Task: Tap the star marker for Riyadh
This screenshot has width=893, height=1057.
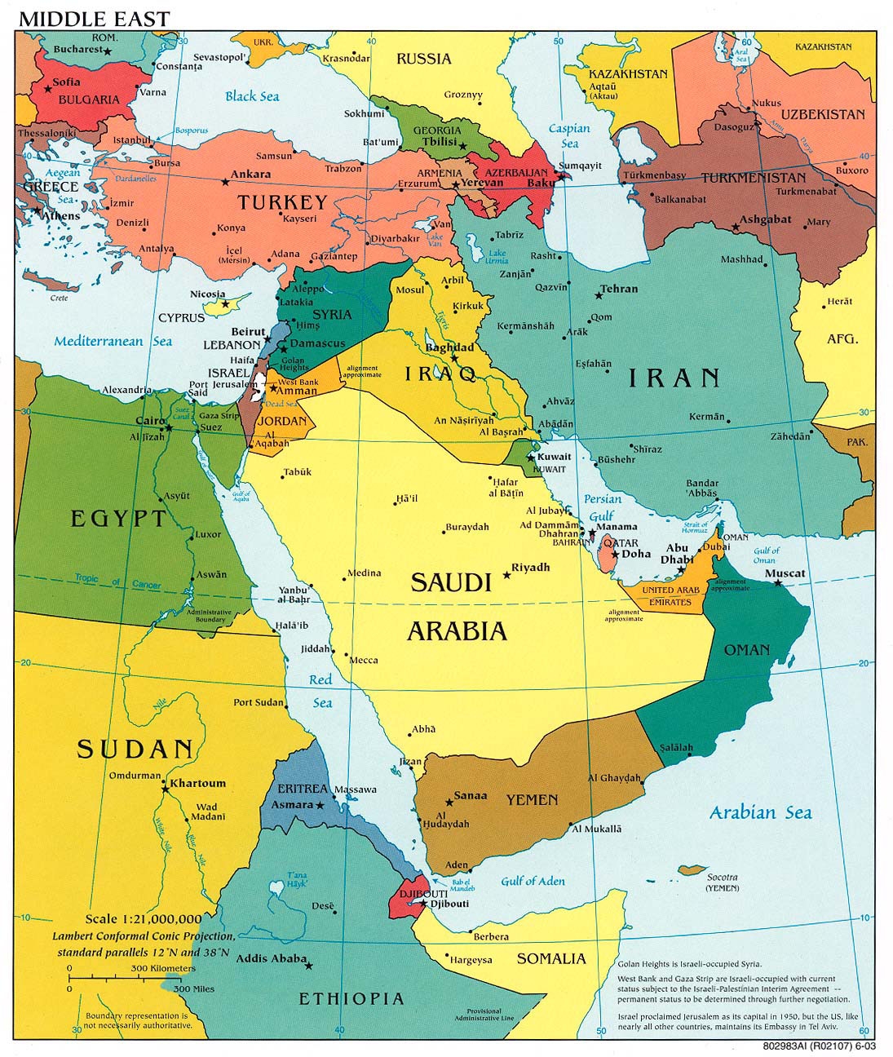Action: coord(506,575)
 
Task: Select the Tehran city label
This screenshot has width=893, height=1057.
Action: coord(618,289)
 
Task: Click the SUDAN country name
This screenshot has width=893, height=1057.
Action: coord(135,749)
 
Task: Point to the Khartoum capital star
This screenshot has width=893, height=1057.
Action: coord(166,788)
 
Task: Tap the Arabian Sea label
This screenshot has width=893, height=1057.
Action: coord(760,812)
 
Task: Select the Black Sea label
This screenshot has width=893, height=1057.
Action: coord(252,96)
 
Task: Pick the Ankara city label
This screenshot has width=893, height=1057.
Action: coord(250,175)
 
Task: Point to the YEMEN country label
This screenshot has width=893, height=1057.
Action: coord(532,800)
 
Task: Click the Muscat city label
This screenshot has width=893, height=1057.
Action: coord(785,573)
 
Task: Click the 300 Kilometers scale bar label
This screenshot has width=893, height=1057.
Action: coord(162,968)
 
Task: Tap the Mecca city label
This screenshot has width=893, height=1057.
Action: coord(364,660)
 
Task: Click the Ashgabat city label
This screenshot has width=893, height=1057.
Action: coord(766,219)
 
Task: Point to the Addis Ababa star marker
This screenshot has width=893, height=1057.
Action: coord(310,965)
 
